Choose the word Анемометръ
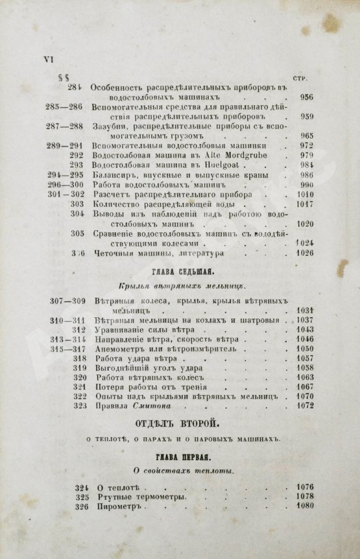tap(117, 349)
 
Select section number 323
tap(80, 407)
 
